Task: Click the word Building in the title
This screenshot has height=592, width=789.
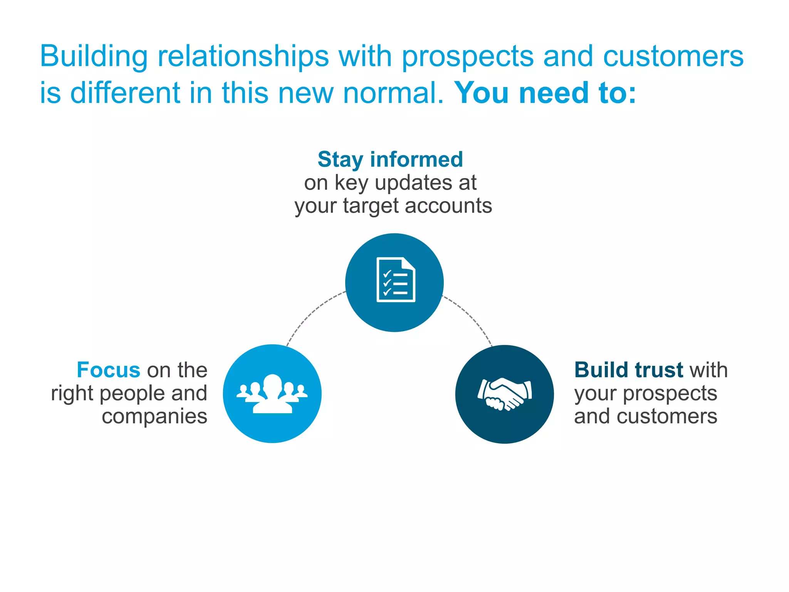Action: (94, 56)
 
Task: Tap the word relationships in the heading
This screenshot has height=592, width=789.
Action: (243, 56)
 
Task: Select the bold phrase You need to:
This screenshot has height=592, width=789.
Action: (545, 93)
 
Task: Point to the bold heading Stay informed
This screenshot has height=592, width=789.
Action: (390, 159)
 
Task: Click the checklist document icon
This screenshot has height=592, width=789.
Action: (396, 280)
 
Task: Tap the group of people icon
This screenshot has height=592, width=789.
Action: (272, 394)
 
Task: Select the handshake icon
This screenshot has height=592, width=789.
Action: (505, 394)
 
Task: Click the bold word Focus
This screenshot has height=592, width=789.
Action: (108, 370)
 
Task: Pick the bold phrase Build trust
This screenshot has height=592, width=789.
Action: (628, 370)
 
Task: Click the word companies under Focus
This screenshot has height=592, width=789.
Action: (154, 417)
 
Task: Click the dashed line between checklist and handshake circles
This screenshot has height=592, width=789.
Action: (472, 316)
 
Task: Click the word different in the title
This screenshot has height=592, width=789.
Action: (125, 93)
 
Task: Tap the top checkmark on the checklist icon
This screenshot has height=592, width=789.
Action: (387, 274)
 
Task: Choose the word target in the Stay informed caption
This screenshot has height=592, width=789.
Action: (370, 206)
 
